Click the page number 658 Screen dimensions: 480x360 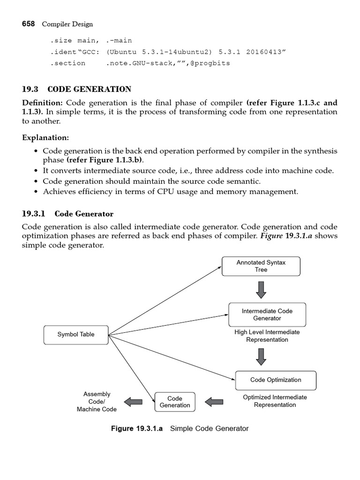click(28, 24)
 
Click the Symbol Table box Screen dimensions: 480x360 click(76, 335)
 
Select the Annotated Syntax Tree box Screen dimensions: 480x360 click(261, 266)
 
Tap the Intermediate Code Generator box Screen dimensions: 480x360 click(267, 315)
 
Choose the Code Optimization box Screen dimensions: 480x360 click(276, 380)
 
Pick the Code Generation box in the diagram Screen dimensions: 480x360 click(174, 402)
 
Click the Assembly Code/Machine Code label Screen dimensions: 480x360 click(97, 402)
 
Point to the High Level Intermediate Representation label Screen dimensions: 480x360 click(267, 336)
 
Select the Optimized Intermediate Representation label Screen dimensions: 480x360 click(275, 401)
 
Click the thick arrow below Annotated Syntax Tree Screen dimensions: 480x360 click(261, 290)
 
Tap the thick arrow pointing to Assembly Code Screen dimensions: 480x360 click(133, 401)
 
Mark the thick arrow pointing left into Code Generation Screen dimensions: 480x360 click(214, 401)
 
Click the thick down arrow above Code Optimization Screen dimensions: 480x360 click(261, 356)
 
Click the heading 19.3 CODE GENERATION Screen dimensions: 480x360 click(77, 89)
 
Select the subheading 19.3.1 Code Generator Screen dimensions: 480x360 click(68, 214)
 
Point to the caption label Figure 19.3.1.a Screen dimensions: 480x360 click(136, 428)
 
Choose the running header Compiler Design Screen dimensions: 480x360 click(67, 24)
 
